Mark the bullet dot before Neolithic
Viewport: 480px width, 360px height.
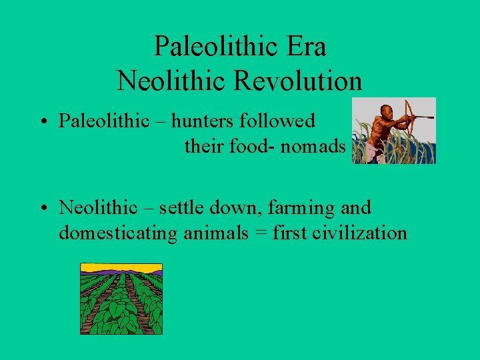[x=42, y=209]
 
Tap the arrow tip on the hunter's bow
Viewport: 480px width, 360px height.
[x=432, y=117]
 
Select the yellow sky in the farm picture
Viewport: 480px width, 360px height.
[x=121, y=267]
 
